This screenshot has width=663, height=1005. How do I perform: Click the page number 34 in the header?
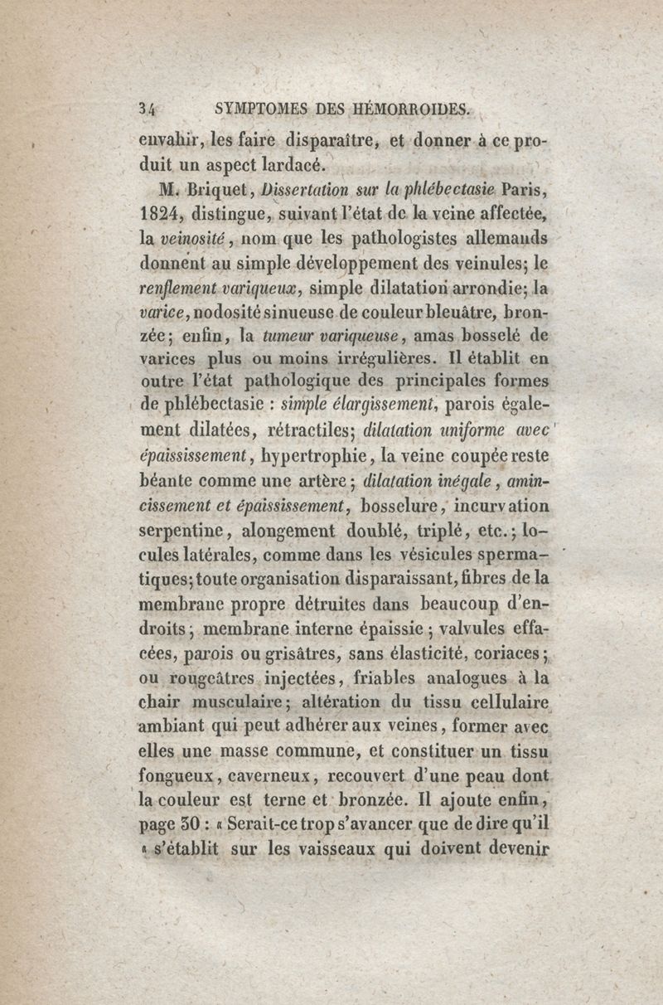(x=150, y=109)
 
